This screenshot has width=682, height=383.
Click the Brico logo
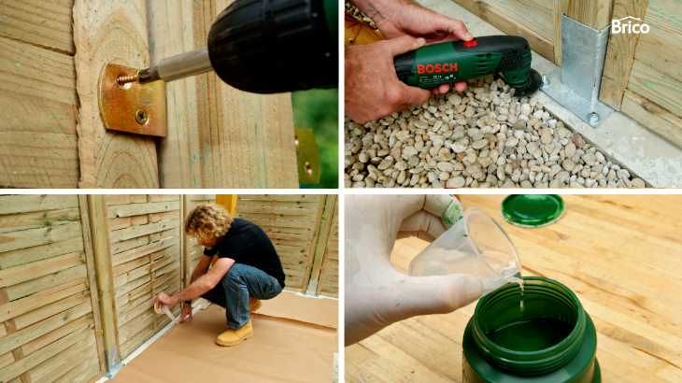tap(630, 25)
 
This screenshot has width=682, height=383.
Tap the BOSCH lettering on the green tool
tap(437, 68)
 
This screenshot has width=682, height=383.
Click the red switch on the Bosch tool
tap(470, 43)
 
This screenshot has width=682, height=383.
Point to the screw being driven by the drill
tap(127, 79)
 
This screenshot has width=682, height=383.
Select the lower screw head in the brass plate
tap(141, 116)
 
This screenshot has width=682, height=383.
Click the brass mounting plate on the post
tap(133, 100)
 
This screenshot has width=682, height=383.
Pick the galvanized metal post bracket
tap(579, 69)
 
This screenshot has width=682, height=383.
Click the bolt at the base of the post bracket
tap(593, 119)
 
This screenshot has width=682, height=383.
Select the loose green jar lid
tap(533, 209)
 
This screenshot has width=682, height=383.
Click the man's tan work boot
tap(234, 333)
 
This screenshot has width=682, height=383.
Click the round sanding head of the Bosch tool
tap(530, 82)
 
